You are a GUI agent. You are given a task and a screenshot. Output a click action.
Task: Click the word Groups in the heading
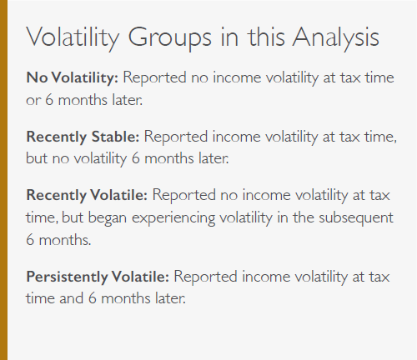tap(169, 38)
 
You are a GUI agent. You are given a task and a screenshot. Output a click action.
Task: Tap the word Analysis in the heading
tap(336, 38)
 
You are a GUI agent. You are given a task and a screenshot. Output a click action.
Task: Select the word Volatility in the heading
tap(73, 38)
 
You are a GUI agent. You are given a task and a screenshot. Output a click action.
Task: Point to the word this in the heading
tap(266, 37)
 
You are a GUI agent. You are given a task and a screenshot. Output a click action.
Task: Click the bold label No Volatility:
tap(73, 77)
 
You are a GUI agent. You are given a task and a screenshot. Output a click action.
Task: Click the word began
tap(108, 218)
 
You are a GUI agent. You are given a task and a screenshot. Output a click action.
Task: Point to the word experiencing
tap(173, 218)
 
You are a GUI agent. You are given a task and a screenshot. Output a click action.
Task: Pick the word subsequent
tap(356, 218)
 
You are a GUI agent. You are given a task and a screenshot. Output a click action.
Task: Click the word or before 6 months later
tap(33, 101)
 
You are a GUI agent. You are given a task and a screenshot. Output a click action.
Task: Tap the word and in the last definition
tap(72, 298)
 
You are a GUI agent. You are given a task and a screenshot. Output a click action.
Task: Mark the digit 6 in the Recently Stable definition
tap(135, 158)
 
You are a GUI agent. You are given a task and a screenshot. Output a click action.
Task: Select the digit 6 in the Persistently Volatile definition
tap(93, 298)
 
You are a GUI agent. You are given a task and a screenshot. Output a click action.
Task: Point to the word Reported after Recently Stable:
tap(176, 137)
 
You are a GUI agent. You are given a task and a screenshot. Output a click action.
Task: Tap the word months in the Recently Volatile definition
tap(65, 240)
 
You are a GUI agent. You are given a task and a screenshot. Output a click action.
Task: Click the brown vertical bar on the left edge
tap(3, 180)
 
